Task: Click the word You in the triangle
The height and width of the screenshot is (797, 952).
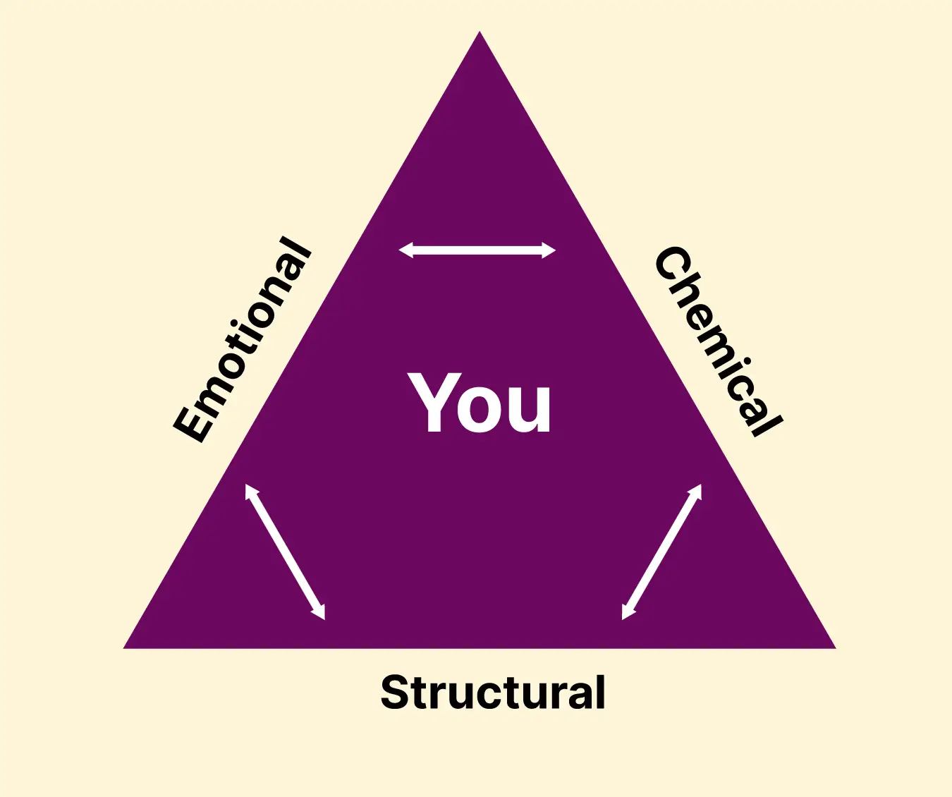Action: point(480,402)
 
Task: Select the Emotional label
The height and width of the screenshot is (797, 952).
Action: point(242,339)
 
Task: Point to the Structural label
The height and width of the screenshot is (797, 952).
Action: point(493,692)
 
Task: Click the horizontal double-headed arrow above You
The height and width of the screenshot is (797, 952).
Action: point(477,250)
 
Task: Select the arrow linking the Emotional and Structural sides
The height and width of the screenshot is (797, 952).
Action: point(286,552)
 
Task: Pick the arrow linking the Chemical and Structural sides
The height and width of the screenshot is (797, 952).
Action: point(661,552)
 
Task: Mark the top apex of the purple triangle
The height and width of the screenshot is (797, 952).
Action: point(480,31)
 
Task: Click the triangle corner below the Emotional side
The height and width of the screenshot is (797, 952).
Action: point(123,648)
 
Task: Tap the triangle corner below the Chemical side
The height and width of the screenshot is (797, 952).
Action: point(836,648)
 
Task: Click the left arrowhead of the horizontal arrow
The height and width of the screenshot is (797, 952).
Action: point(404,250)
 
